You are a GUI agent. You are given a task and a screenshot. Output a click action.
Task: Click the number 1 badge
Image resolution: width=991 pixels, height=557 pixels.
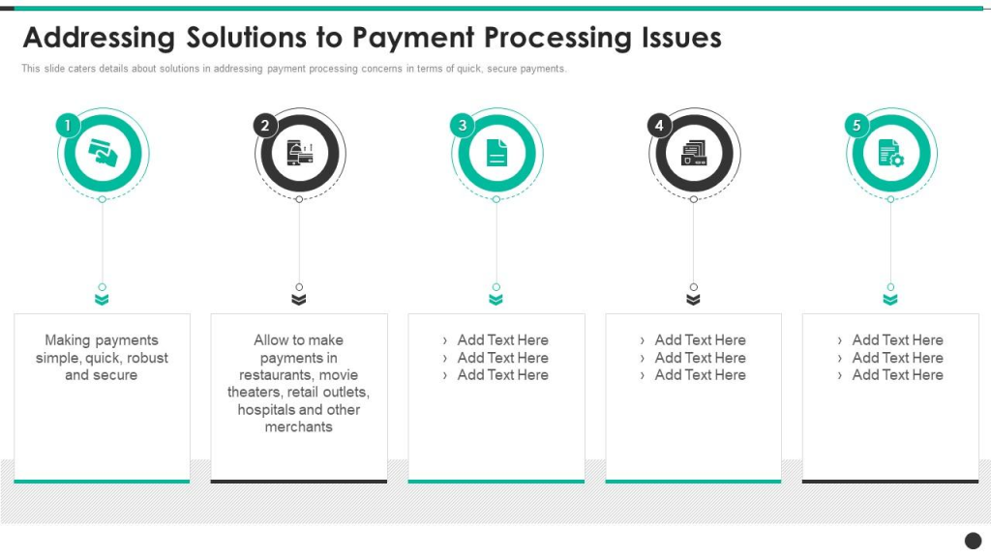68,125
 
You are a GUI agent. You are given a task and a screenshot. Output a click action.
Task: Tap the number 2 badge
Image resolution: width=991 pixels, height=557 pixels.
265,125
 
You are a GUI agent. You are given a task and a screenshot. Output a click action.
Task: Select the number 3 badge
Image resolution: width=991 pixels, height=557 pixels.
462,125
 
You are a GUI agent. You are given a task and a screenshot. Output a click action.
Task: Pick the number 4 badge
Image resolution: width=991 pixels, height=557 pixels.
659,125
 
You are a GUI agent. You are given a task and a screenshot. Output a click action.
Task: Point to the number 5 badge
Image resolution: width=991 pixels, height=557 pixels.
856,125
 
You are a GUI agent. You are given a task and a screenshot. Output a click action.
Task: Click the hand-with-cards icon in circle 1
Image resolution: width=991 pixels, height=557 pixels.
103,153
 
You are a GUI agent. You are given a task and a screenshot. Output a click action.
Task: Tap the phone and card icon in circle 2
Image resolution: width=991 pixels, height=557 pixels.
300,153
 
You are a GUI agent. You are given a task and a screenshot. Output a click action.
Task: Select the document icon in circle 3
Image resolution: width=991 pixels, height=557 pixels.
496,153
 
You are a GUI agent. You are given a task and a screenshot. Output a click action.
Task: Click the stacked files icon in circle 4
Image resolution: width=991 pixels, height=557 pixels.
694,153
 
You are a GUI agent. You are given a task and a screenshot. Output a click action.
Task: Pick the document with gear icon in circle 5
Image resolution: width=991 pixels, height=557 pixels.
891,153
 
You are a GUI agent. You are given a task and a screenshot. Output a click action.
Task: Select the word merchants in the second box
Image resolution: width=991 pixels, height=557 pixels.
298,426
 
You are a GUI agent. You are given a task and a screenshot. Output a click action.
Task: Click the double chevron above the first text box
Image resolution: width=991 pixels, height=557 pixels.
102,300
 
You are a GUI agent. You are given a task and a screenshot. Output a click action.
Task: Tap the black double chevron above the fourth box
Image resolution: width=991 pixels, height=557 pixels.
693,300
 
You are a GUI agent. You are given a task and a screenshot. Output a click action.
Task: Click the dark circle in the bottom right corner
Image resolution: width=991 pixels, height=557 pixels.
973,541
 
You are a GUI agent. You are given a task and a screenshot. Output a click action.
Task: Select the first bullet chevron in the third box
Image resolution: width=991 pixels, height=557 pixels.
445,341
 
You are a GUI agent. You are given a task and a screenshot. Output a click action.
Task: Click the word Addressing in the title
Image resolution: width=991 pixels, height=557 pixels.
99,39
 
